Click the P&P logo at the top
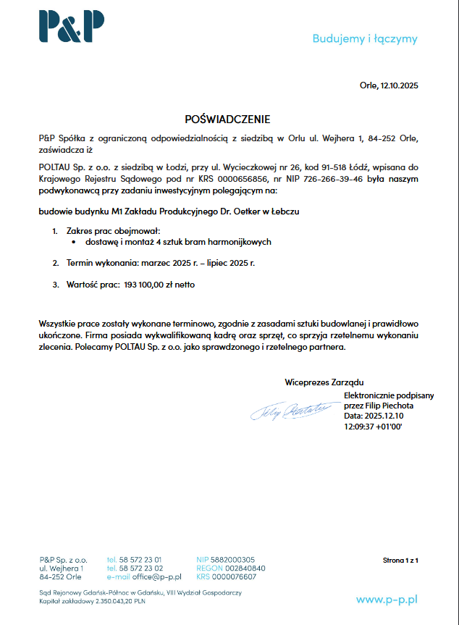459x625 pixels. [72, 27]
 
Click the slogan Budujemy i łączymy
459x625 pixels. [365, 38]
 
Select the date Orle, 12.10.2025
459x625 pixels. [389, 85]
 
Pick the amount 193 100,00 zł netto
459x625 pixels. [159, 285]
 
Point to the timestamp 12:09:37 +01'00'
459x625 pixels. [373, 427]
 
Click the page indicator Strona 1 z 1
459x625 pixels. [400, 560]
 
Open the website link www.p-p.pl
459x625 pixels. [387, 599]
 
